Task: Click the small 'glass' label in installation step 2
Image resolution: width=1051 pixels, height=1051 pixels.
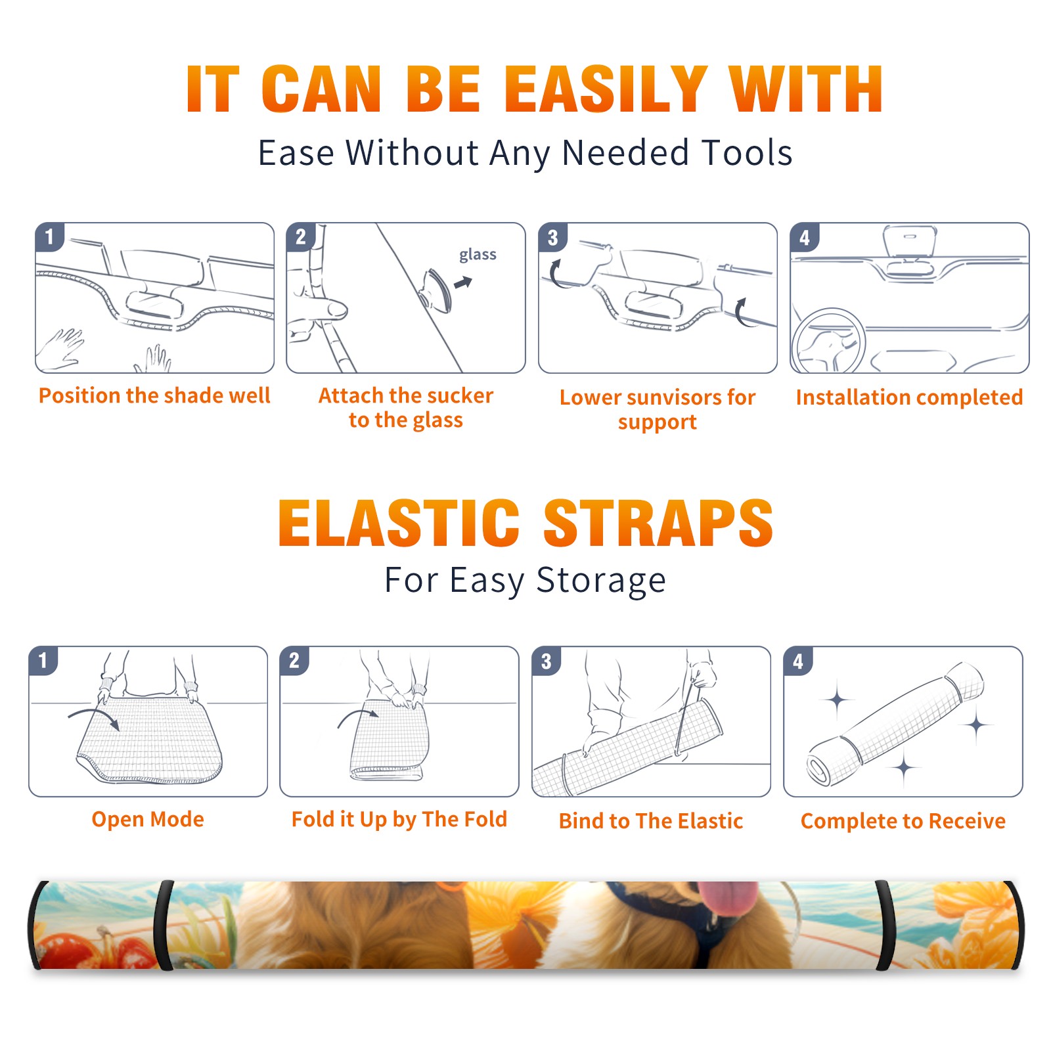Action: [x=478, y=255]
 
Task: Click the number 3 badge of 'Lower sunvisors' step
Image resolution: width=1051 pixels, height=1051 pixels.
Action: [x=552, y=238]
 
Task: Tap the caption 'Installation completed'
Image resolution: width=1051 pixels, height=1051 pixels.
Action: [x=909, y=397]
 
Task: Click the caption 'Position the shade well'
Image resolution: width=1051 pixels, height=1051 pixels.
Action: [x=154, y=395]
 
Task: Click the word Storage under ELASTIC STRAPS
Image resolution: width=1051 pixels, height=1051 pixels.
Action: [x=601, y=581]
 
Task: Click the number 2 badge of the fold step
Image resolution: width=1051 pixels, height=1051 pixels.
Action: [x=294, y=661]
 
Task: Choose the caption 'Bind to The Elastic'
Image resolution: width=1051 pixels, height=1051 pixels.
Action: [x=650, y=821]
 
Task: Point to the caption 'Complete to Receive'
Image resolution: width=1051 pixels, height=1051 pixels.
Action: [x=903, y=821]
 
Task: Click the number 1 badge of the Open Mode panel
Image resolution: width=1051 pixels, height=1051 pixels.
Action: [x=43, y=661]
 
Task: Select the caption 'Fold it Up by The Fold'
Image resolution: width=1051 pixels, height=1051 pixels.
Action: [x=399, y=819]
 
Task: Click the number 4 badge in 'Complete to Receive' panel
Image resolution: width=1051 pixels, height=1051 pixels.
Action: [x=798, y=661]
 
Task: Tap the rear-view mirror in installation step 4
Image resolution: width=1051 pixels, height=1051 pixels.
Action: [x=910, y=240]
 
